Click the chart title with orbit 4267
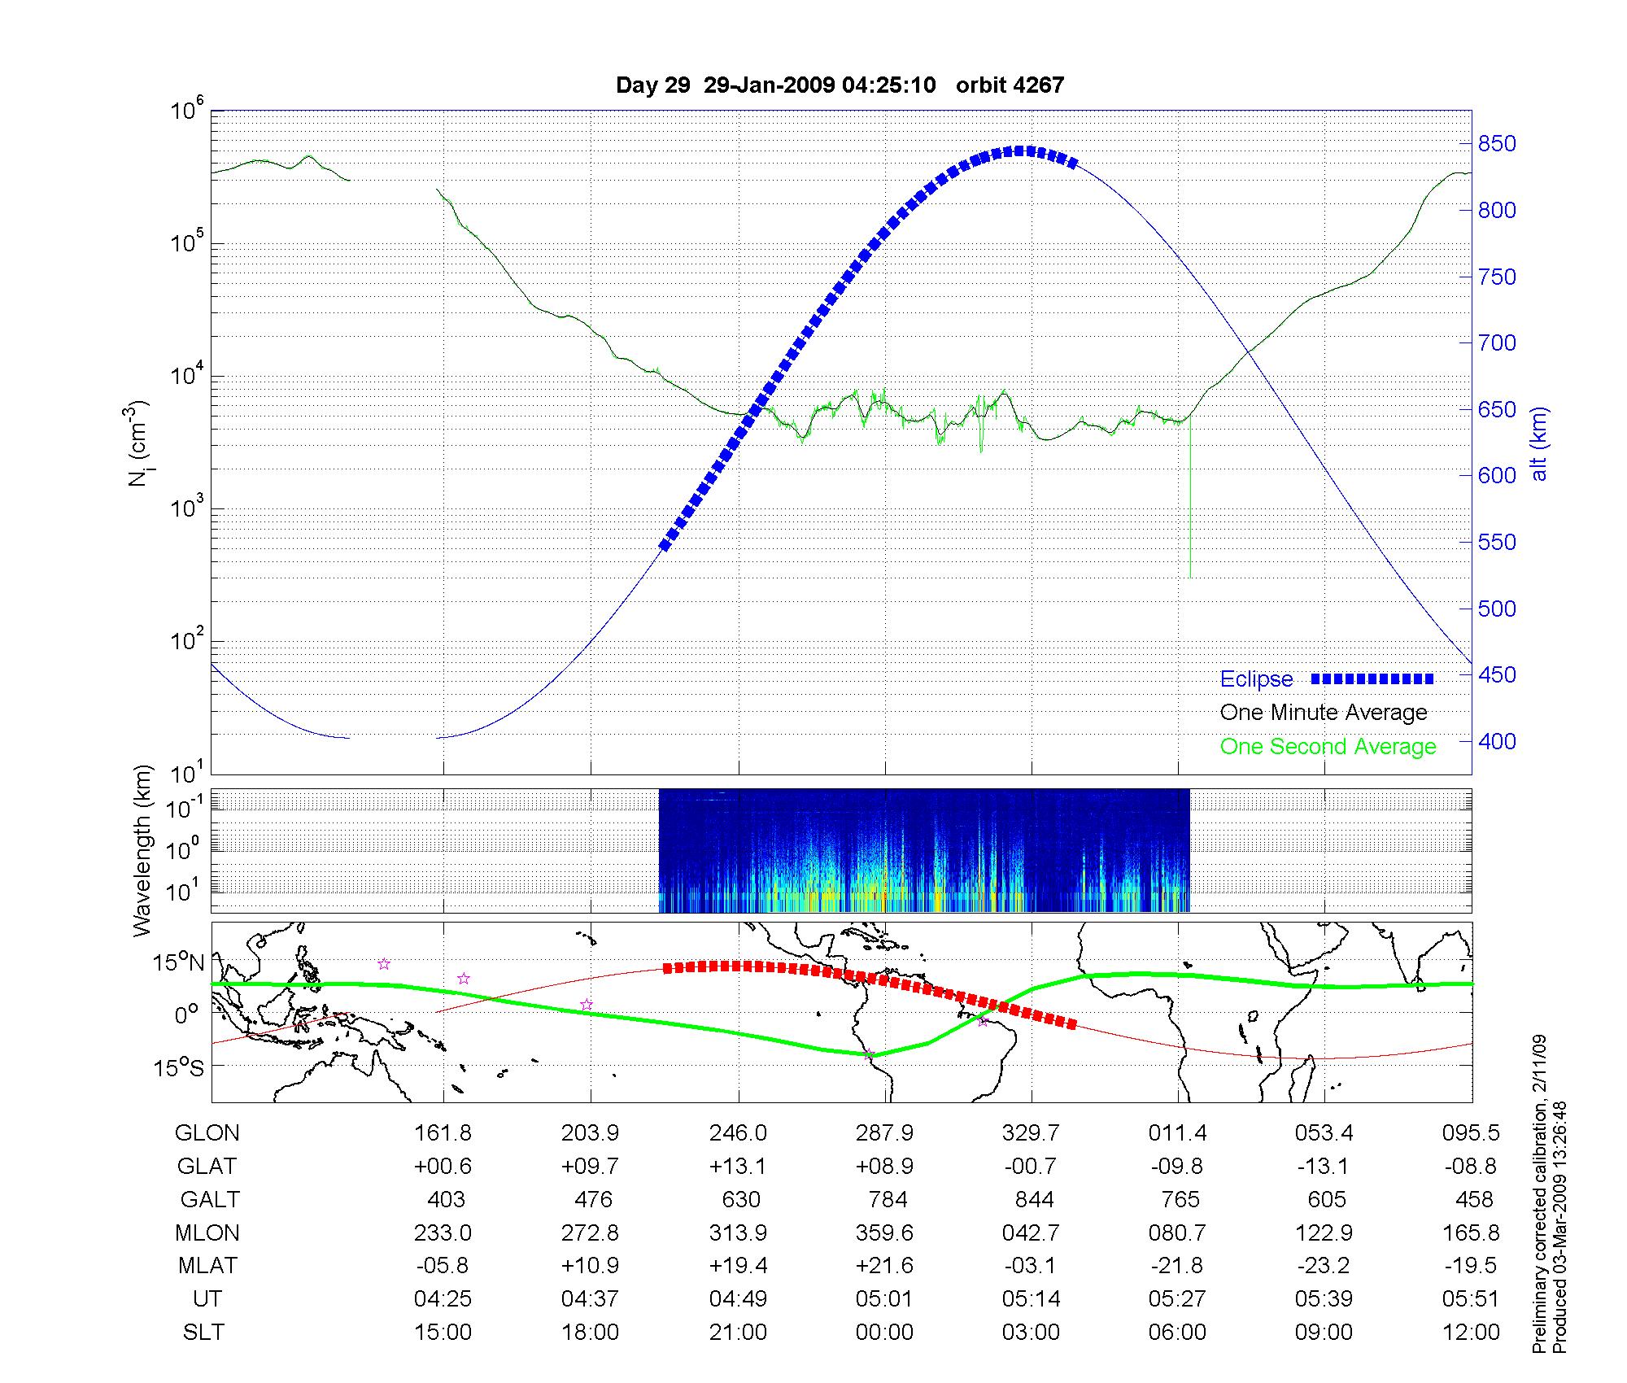(x=840, y=85)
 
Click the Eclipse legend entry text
(x=1256, y=679)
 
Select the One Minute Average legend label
(x=1324, y=713)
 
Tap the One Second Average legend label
(x=1328, y=747)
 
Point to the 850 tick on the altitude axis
(x=1497, y=144)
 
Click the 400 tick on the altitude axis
(x=1497, y=741)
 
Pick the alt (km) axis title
(x=1539, y=443)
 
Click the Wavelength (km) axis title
(x=142, y=850)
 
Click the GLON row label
(x=207, y=1133)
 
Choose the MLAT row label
(x=207, y=1266)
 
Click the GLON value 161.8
(x=443, y=1133)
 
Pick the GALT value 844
(x=1034, y=1200)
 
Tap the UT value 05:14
(x=1031, y=1299)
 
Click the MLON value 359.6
(x=884, y=1233)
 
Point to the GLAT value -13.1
(x=1324, y=1167)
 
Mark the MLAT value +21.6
(x=884, y=1266)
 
